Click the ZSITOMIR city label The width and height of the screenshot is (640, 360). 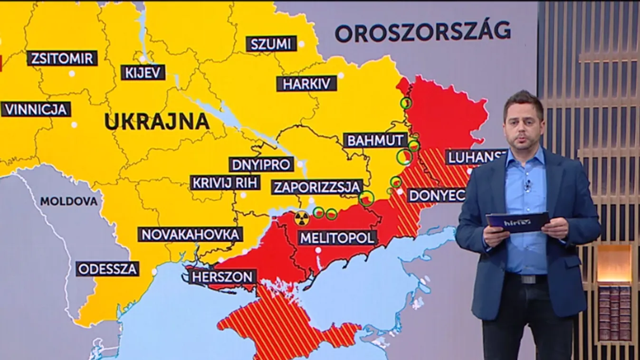62,58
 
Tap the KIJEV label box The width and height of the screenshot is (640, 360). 143,72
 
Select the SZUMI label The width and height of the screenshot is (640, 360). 271,44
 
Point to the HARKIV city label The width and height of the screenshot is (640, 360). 306,84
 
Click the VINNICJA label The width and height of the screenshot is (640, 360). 36,109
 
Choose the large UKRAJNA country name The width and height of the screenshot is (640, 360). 157,122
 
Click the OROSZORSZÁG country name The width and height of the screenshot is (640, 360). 422,32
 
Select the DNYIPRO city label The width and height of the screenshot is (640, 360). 261,164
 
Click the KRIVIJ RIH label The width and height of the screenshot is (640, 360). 225,183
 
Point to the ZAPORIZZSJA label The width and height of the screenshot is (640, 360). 317,187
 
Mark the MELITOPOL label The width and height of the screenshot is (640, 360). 337,237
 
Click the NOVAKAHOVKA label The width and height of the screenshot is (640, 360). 190,234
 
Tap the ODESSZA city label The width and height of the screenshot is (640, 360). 108,269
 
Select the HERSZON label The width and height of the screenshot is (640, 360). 222,277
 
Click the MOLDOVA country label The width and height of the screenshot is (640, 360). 69,201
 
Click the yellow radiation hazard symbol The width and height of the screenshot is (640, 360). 301,218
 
